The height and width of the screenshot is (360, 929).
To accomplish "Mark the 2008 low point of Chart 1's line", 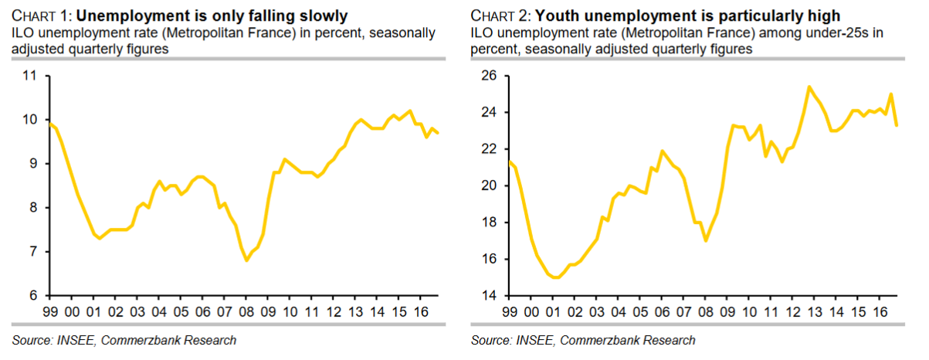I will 246,260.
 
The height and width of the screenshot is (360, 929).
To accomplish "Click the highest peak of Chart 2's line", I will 808,87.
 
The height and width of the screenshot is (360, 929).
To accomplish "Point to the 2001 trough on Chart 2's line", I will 554,277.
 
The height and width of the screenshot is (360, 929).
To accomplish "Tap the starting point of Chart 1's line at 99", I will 49,124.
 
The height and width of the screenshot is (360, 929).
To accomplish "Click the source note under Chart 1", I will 124,340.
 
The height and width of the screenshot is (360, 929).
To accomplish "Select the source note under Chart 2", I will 582,340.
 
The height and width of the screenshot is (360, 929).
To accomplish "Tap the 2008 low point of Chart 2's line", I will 705,240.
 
